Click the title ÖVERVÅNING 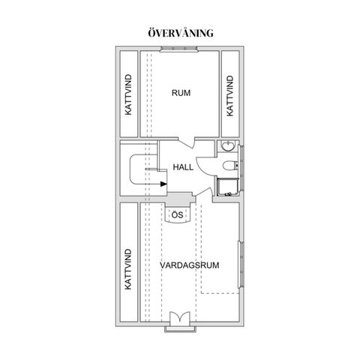[x=181, y=33]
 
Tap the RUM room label [x=181, y=93]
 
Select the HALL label [x=183, y=167]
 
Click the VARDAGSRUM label [x=190, y=265]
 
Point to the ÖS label [x=178, y=214]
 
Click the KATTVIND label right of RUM [x=229, y=96]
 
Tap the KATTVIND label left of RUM [x=128, y=94]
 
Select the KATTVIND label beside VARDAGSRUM [x=128, y=269]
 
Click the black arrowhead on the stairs [x=163, y=184]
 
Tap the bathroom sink [x=228, y=146]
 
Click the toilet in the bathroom [x=230, y=166]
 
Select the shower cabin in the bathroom [x=228, y=187]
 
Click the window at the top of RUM [x=178, y=49]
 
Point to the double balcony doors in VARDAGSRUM [x=180, y=319]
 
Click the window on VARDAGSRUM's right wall [x=241, y=264]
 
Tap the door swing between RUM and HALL [x=187, y=143]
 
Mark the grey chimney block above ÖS [x=181, y=197]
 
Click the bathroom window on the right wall [x=241, y=168]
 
